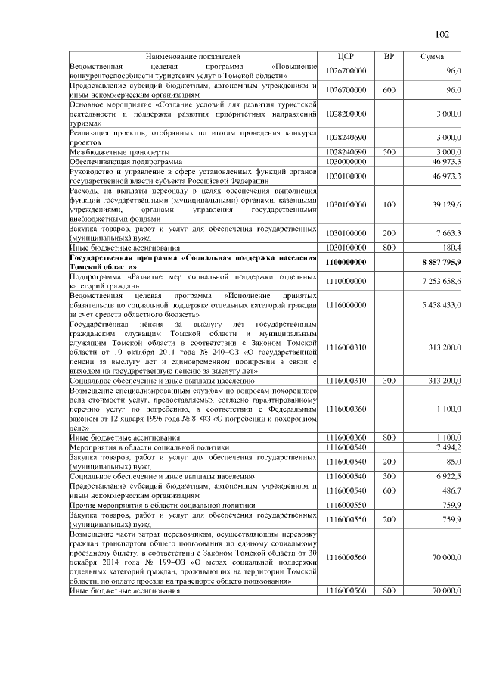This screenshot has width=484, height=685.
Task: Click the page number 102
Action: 442,34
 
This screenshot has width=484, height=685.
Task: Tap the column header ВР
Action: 389,57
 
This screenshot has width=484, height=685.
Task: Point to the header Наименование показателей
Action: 194,57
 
